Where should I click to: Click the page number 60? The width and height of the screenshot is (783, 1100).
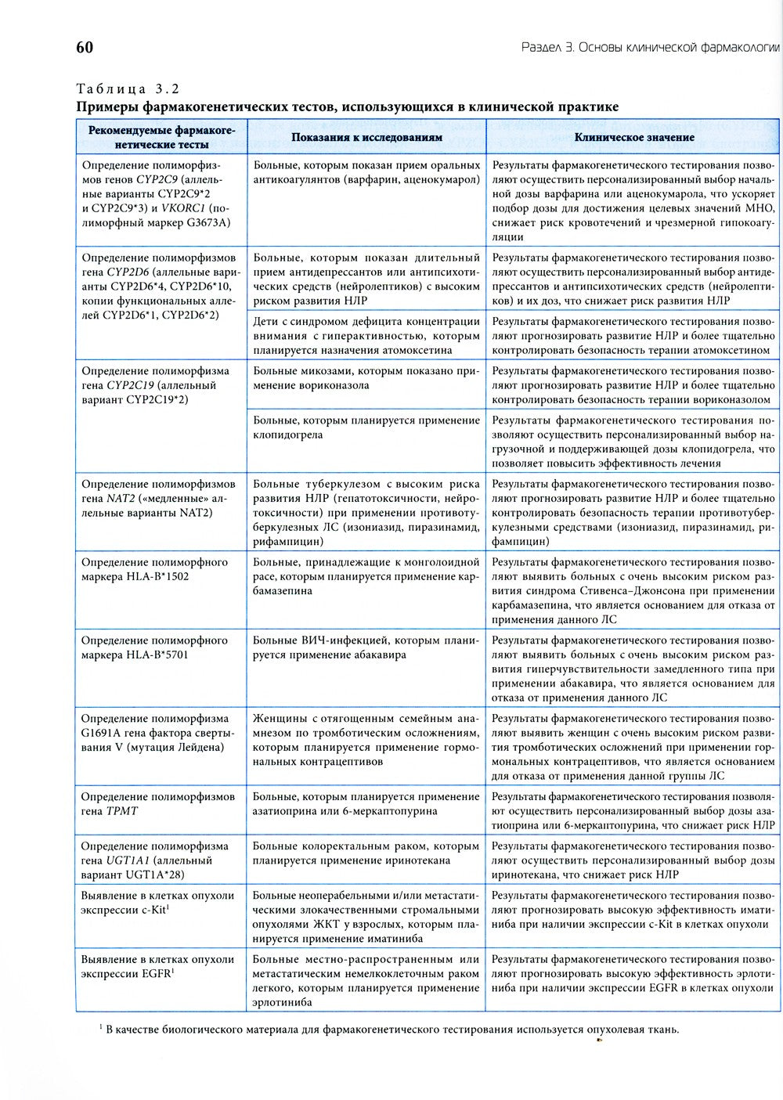pos(85,48)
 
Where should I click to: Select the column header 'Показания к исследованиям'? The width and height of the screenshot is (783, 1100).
pos(366,137)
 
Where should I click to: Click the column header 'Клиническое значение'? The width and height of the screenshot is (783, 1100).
pos(633,137)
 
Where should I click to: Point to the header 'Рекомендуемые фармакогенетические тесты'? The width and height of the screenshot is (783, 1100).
pos(162,137)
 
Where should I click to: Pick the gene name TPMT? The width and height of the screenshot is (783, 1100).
pos(121,811)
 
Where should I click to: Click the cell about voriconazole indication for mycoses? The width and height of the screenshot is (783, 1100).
pos(366,378)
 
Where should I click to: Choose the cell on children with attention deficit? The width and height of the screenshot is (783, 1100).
pos(366,336)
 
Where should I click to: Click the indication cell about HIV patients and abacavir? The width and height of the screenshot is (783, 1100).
pos(366,647)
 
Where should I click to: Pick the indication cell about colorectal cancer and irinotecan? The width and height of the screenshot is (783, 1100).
pos(366,853)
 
